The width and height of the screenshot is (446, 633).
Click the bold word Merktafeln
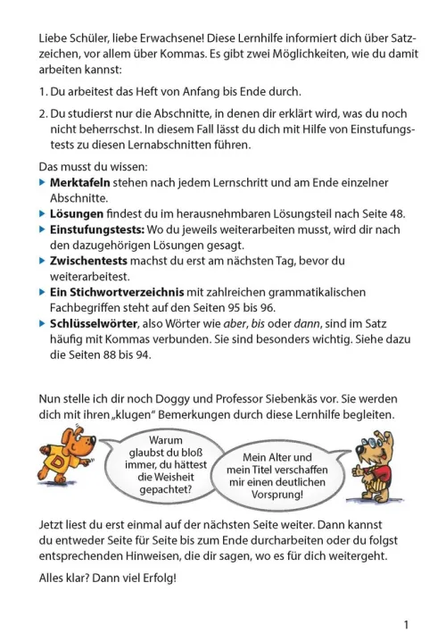click(x=80, y=182)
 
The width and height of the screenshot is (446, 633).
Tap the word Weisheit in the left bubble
click(x=161, y=477)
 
